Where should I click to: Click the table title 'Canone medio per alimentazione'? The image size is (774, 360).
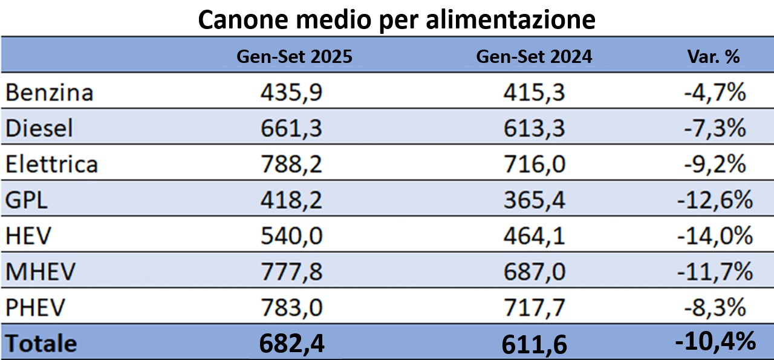coord(396,19)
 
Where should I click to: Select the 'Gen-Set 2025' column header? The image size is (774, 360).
coord(294,56)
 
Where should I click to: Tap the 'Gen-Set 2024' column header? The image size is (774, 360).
coord(534,56)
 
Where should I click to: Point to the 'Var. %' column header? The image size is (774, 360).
coord(713,56)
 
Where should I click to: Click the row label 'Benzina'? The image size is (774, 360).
coord(50,93)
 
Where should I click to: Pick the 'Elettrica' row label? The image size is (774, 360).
coord(51,164)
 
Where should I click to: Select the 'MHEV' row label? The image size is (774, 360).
coord(41,272)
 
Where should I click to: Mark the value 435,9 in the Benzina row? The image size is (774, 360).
coord(291,93)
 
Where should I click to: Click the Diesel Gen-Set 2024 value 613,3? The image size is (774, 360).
coord(534,128)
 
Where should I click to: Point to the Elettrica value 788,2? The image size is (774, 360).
coord(291,164)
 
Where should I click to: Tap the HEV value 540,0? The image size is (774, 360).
coord(291,236)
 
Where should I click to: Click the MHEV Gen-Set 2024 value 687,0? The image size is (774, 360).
coord(534,272)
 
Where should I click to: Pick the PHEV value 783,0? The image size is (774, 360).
coord(291,307)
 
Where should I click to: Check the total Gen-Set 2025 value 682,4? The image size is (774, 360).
coord(291,344)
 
